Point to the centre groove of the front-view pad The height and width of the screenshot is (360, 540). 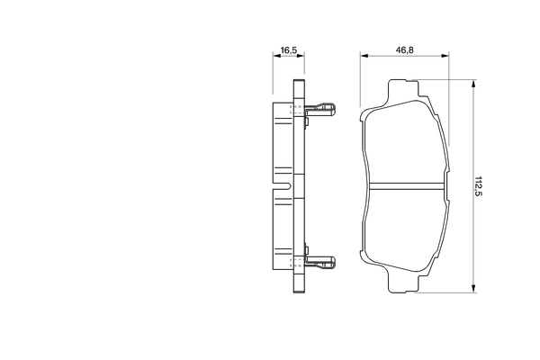point(408,187)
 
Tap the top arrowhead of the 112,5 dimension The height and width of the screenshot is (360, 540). point(472,84)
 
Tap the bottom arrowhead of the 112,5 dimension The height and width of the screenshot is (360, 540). point(472,289)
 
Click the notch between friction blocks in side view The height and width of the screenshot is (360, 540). point(283,187)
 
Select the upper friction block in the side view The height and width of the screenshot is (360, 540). point(283,139)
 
